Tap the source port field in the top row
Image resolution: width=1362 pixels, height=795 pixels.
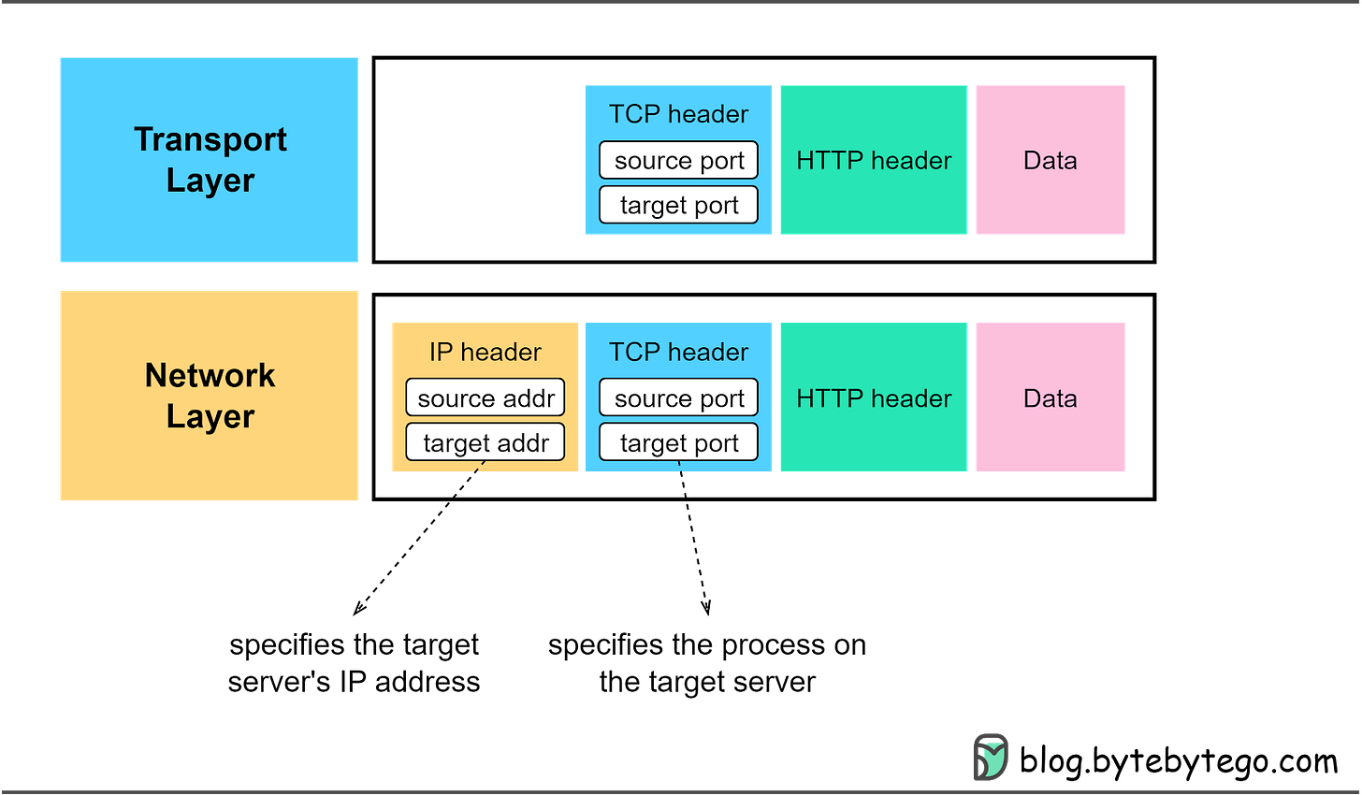click(x=678, y=160)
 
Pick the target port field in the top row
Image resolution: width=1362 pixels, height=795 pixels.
click(x=678, y=205)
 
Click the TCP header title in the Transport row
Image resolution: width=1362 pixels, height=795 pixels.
click(x=678, y=114)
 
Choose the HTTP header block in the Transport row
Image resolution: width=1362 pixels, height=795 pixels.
click(x=873, y=160)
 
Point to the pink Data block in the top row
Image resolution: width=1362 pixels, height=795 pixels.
click(x=1050, y=160)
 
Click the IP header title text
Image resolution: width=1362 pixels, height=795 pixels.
click(x=485, y=352)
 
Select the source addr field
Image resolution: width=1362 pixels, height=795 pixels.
click(x=485, y=397)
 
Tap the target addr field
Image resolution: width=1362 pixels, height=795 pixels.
click(x=485, y=442)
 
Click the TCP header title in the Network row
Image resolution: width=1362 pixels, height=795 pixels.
click(x=678, y=352)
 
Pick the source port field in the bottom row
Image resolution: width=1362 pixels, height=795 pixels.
click(x=678, y=397)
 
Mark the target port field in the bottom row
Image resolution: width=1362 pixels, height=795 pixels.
click(x=678, y=442)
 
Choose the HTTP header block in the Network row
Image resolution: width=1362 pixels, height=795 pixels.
click(x=873, y=397)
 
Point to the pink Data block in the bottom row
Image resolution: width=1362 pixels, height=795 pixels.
click(x=1050, y=397)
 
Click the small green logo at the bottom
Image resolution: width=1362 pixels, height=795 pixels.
click(x=992, y=756)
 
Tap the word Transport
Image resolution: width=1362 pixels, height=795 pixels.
click(x=210, y=139)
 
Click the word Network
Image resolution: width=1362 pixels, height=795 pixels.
click(x=210, y=375)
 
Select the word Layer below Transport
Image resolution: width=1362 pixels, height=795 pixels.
click(x=210, y=181)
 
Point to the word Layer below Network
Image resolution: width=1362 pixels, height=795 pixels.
click(x=210, y=416)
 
